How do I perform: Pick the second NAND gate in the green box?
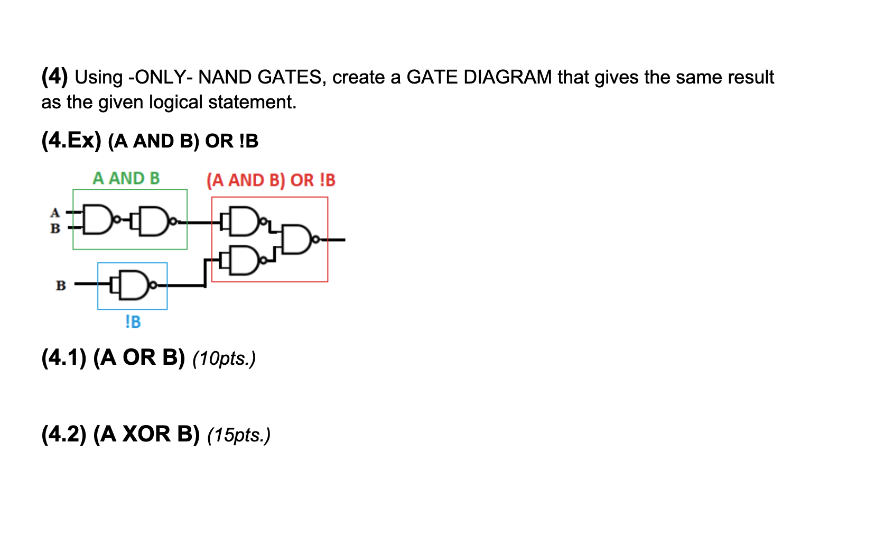[154, 220]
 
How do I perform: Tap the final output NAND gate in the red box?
[297, 239]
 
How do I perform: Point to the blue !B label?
[133, 321]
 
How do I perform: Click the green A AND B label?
[126, 179]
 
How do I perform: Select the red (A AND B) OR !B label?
[271, 180]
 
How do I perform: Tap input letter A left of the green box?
[55, 213]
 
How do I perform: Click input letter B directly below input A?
[55, 228]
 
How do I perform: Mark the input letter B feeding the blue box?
[61, 285]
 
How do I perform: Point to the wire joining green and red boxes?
[199, 222]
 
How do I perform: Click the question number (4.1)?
[63, 358]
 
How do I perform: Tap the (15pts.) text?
[239, 435]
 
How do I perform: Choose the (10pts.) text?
[224, 358]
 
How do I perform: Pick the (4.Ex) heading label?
[71, 141]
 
